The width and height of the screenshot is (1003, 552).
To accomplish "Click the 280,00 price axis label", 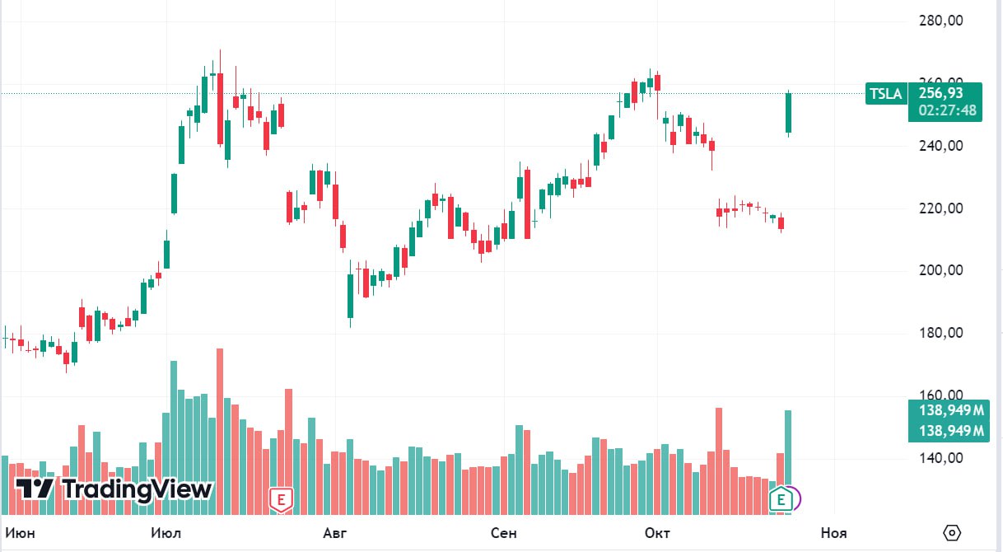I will point(940,21).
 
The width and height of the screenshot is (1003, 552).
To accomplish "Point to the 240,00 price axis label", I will point(940,147).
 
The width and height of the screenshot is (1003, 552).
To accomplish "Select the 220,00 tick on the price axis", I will point(940,209).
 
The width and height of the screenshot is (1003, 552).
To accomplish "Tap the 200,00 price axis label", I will point(940,271).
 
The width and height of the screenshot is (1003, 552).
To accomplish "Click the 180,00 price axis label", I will point(940,334).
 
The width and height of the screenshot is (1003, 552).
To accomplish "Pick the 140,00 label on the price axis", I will point(940,459).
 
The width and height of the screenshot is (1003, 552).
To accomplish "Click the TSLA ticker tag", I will point(886,94).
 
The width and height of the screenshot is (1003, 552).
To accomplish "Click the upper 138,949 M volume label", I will point(947,409).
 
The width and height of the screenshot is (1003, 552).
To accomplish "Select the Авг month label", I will point(334,533).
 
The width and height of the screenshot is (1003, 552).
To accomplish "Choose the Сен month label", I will point(503,533).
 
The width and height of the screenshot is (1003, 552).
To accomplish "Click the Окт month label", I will point(657,533).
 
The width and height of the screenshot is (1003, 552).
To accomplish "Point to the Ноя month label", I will point(833,533).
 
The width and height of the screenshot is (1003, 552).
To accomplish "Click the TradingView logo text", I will point(137,489).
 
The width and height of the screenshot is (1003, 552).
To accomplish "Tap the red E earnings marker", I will point(282,498).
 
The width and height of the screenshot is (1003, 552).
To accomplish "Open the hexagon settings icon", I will point(953,533).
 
